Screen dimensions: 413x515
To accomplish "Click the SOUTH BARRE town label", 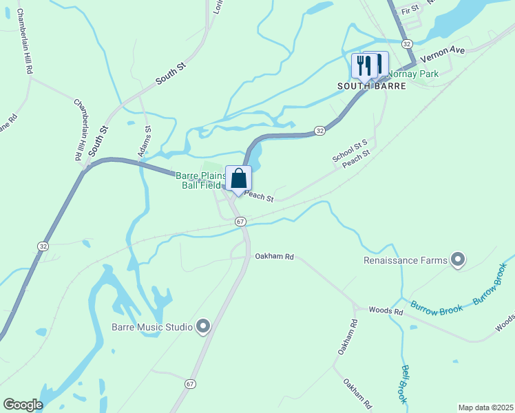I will click(x=362, y=86).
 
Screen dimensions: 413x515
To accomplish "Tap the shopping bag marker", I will click(x=238, y=178).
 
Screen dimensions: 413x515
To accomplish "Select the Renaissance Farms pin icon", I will click(x=457, y=260).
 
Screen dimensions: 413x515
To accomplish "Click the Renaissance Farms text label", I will click(x=406, y=260).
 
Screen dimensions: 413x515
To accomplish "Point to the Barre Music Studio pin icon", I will click(x=202, y=326).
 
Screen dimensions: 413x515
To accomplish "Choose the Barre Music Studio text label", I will click(x=152, y=327).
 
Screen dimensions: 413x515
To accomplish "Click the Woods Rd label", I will click(x=386, y=311).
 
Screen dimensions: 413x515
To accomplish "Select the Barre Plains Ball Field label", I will click(x=200, y=180).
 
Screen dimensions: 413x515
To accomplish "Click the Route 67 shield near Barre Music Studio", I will click(x=191, y=383).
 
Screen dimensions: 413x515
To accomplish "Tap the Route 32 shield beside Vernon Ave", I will click(x=408, y=43).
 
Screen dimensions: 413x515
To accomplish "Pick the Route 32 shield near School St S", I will click(x=319, y=130).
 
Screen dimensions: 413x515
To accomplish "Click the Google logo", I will click(x=23, y=405).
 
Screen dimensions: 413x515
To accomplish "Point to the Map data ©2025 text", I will click(x=485, y=407).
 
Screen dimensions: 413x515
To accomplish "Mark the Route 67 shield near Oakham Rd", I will click(x=240, y=222).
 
